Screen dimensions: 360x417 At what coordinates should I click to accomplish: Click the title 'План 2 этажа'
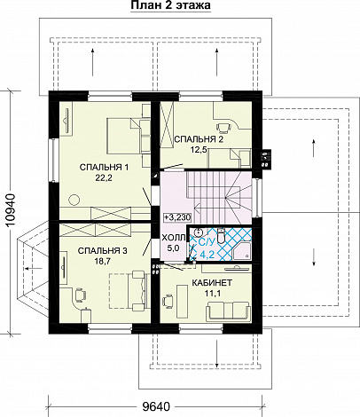click(x=170, y=5)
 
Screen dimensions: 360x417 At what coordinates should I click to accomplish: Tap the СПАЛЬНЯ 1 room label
click(x=104, y=168)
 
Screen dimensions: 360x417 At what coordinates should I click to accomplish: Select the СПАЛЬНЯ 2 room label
click(x=199, y=139)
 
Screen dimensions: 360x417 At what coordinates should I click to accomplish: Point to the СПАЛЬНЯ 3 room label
click(x=103, y=251)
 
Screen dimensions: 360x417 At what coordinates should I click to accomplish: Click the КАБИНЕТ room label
click(x=212, y=283)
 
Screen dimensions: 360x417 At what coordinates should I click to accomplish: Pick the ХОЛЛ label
click(x=174, y=238)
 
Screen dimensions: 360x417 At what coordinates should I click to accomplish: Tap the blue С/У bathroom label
click(x=206, y=243)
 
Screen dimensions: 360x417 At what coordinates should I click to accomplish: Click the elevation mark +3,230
click(x=178, y=217)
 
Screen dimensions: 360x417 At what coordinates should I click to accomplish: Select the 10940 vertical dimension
click(x=11, y=210)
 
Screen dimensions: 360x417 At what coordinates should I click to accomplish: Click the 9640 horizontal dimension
click(x=156, y=407)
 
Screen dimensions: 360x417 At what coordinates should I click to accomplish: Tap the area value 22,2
click(x=104, y=178)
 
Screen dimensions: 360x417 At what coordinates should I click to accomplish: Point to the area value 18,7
click(x=103, y=261)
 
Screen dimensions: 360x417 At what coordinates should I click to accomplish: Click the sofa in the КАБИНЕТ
click(x=228, y=311)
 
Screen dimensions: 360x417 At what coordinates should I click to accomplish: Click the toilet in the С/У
click(x=221, y=235)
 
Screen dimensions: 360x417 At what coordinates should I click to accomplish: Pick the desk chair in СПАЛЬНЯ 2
click(x=224, y=127)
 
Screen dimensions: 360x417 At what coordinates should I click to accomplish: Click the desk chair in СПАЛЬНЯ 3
click(x=79, y=295)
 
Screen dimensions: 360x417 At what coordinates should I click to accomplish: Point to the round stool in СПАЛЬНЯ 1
click(x=74, y=200)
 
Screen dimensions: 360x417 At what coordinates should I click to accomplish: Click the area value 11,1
click(x=212, y=293)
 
